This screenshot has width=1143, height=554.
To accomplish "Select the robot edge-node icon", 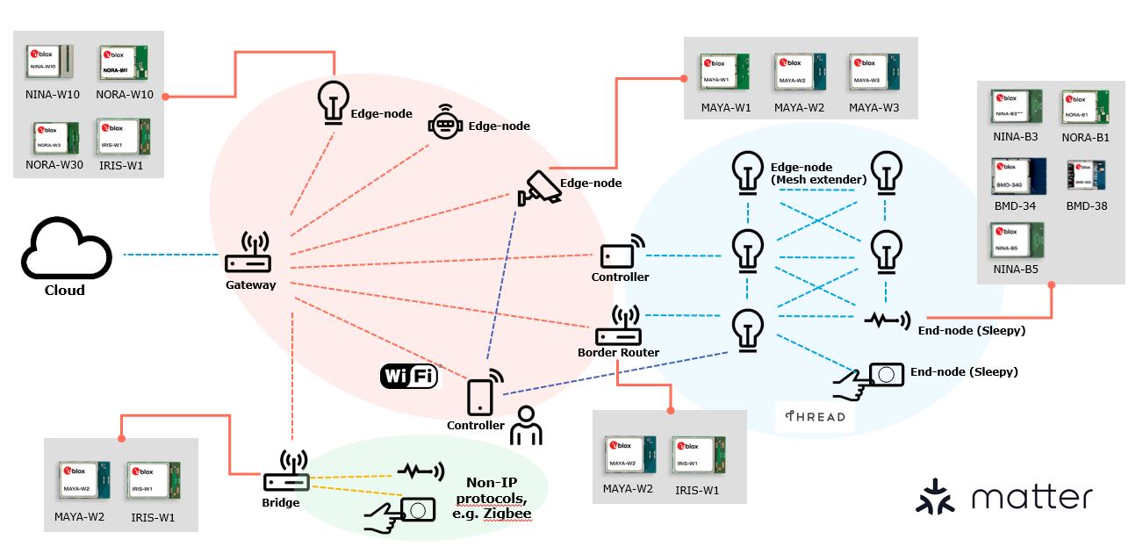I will point(445,126).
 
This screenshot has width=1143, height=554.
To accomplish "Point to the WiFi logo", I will point(409,377).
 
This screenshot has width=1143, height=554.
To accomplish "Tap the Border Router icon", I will point(619,327).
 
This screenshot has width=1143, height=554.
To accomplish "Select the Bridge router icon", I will point(286,474).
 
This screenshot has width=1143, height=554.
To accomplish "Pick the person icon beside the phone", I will point(528,425).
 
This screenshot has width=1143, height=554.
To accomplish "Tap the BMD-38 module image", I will point(1085,176).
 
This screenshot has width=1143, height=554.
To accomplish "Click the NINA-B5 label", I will point(1015,269).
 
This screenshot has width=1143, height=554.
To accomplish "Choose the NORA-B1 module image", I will point(1085,107).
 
